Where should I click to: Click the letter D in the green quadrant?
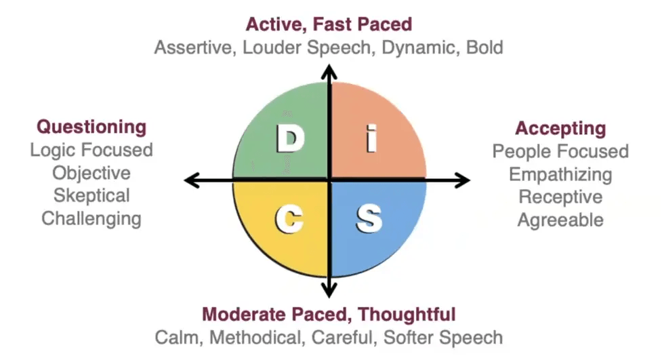pyautogui.click(x=291, y=138)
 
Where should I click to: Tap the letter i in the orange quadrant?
pyautogui.click(x=371, y=138)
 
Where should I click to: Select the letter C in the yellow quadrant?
pyautogui.click(x=289, y=219)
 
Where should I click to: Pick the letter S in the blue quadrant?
pyautogui.click(x=369, y=219)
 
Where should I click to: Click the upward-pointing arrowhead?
pyautogui.click(x=329, y=72)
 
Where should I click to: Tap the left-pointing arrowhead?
pyautogui.click(x=192, y=180)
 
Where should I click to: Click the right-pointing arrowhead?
pyautogui.click(x=463, y=180)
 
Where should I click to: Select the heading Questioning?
pyautogui.click(x=91, y=127)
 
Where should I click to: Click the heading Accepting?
pyautogui.click(x=560, y=128)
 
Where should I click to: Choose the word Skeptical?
pyautogui.click(x=91, y=196)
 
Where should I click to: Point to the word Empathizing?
pyautogui.click(x=560, y=174)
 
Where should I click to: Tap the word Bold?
pyautogui.click(x=484, y=47)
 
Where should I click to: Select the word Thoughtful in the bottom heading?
pyautogui.click(x=407, y=315)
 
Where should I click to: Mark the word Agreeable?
pyautogui.click(x=560, y=220)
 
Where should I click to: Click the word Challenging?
pyautogui.click(x=91, y=219)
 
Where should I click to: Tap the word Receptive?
pyautogui.click(x=560, y=197)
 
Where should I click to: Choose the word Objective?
pyautogui.click(x=91, y=174)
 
